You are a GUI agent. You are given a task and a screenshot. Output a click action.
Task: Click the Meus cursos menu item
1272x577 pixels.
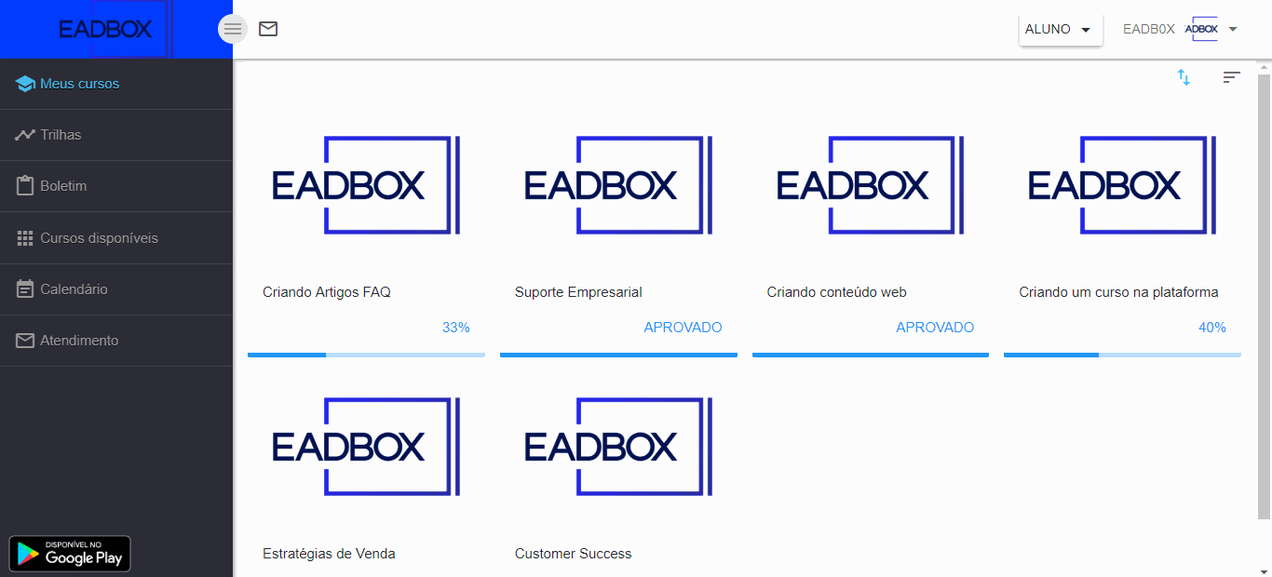(79, 84)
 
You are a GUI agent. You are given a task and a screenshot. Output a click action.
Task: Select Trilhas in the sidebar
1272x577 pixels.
(61, 135)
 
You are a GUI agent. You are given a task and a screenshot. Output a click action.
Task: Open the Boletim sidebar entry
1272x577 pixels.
(63, 186)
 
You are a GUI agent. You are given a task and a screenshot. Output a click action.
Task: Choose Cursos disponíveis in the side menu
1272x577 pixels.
(99, 238)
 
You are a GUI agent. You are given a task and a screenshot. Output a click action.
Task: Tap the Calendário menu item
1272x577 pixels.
(74, 289)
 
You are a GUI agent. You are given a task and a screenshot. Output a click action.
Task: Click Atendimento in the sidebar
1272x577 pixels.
(79, 341)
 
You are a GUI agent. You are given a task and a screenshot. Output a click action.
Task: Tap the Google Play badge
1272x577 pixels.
(70, 554)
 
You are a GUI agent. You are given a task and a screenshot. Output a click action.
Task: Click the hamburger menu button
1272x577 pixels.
(232, 29)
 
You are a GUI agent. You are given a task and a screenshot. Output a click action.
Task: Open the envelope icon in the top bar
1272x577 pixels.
(268, 29)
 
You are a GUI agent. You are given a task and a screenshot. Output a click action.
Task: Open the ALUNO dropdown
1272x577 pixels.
(1060, 30)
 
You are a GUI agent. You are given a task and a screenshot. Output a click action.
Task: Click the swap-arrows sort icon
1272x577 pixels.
(1184, 77)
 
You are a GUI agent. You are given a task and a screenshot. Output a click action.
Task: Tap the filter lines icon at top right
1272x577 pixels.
(1231, 77)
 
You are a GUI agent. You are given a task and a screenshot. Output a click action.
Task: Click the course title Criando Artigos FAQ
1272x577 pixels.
(327, 292)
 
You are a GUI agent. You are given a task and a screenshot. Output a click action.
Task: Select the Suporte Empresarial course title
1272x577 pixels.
(578, 292)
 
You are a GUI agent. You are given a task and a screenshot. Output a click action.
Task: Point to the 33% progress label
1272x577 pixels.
(456, 328)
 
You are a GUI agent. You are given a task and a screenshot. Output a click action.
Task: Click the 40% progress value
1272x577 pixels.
(1212, 328)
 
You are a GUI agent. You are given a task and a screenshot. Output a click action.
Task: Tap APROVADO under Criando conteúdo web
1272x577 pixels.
(935, 328)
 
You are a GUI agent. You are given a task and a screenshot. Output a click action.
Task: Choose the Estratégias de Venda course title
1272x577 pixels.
(329, 554)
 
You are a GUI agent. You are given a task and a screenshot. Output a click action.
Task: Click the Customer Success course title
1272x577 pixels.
(573, 554)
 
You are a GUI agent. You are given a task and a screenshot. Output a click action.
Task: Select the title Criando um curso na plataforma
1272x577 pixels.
(1118, 292)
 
